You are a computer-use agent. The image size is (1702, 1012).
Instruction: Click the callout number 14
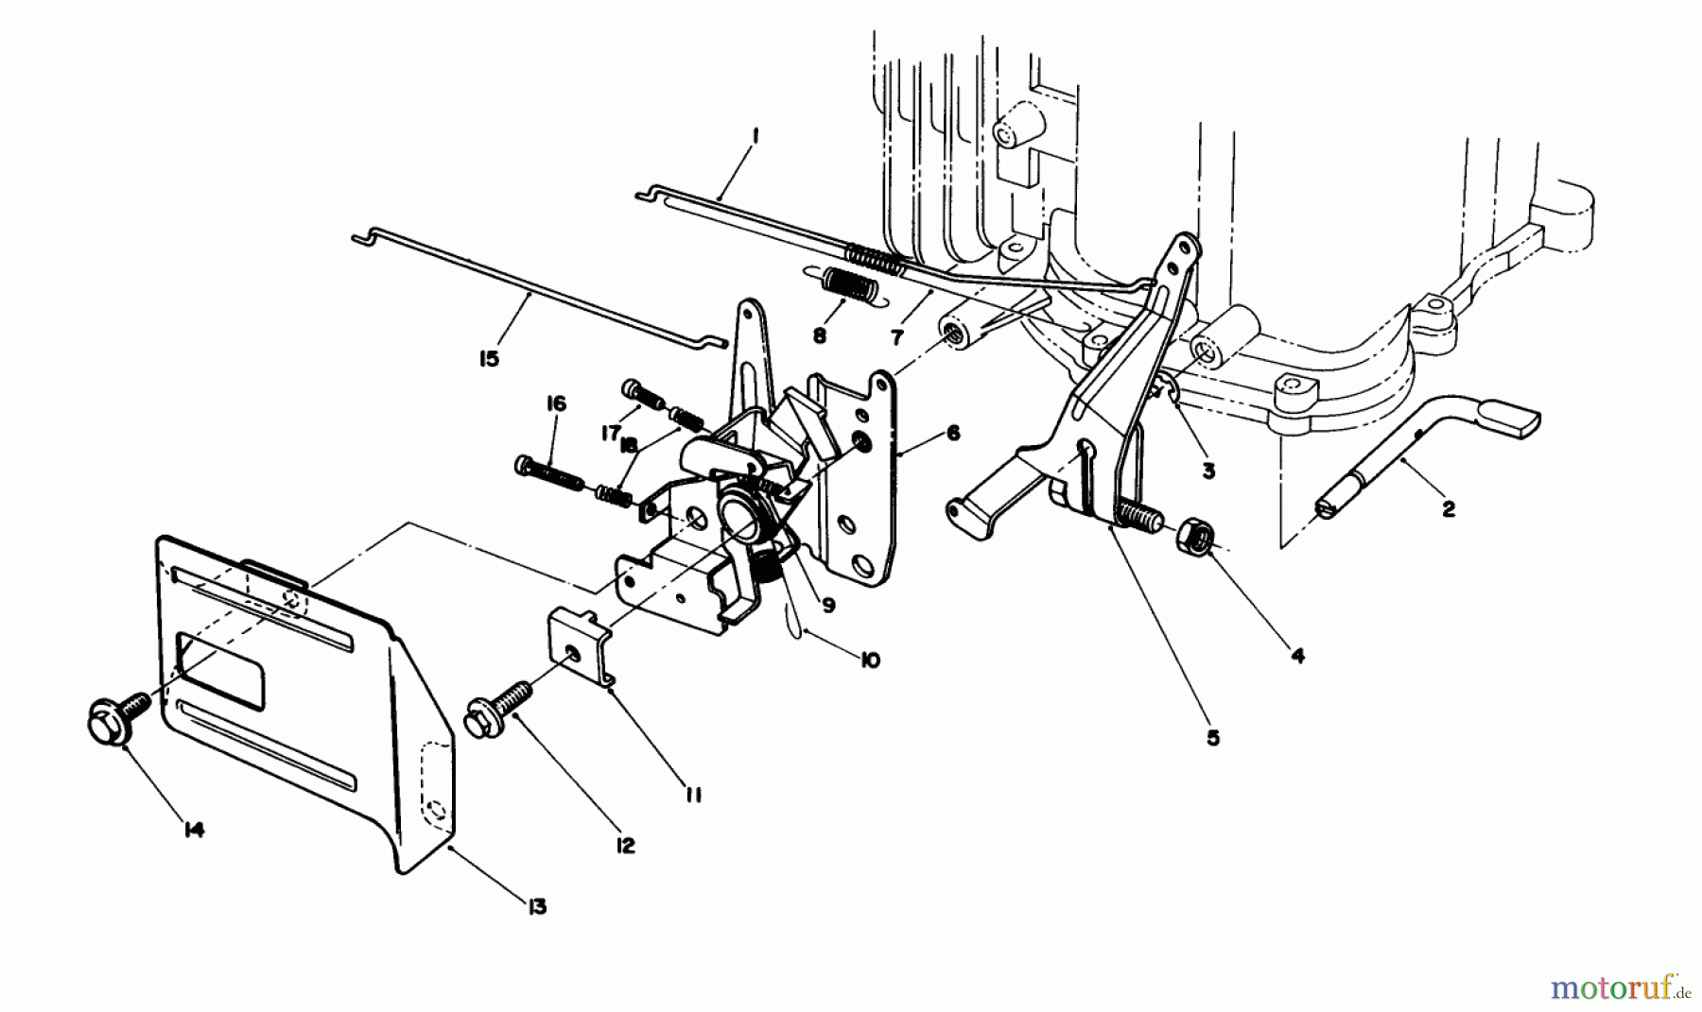[x=193, y=830]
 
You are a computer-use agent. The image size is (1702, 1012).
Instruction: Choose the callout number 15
[x=489, y=359]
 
